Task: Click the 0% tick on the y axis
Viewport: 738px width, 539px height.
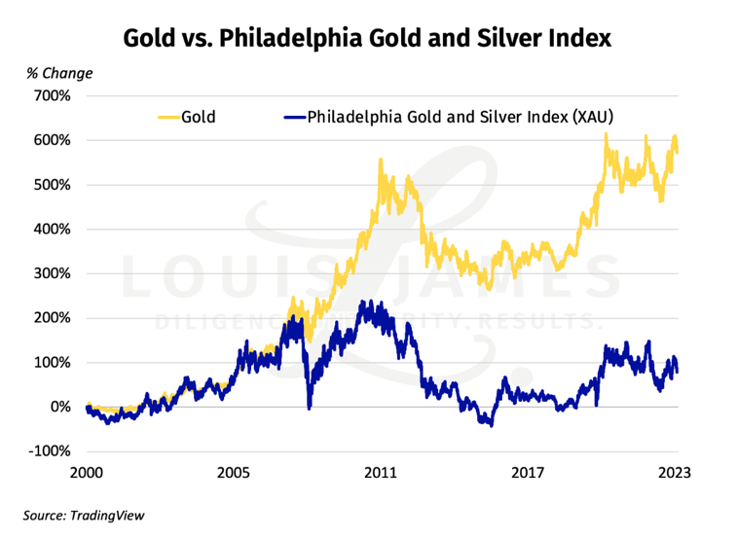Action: pos(59,407)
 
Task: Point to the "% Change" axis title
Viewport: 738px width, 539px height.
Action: pos(59,73)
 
